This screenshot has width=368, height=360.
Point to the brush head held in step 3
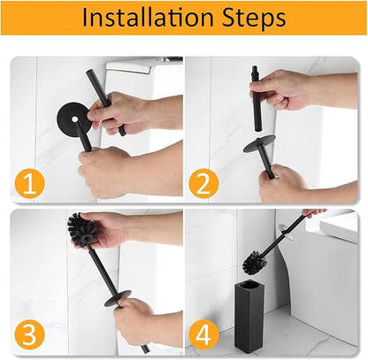pos(82,231)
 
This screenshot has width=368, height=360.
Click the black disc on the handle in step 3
pos(118,297)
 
